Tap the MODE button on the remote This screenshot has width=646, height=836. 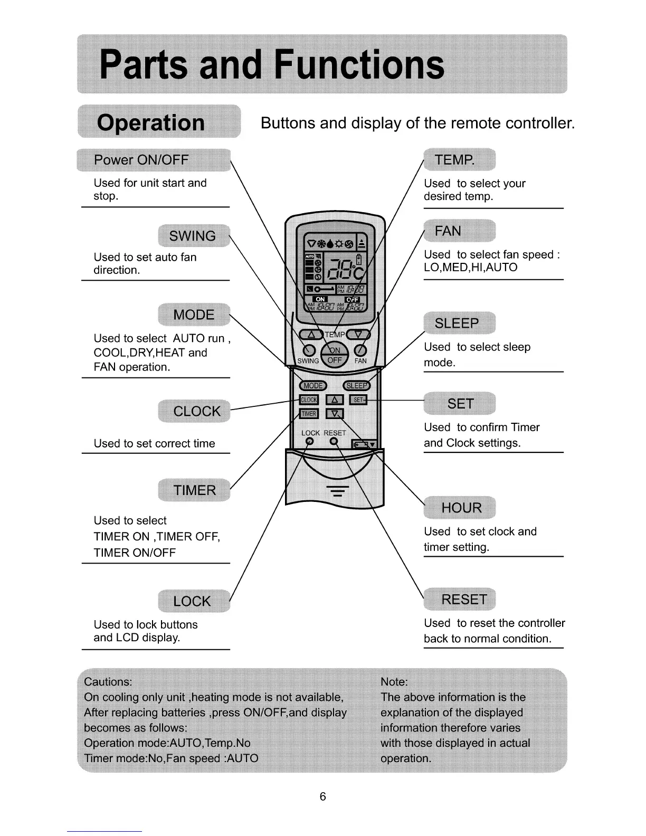tap(313, 386)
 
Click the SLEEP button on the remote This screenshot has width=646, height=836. tap(357, 386)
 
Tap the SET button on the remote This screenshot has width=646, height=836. tap(359, 400)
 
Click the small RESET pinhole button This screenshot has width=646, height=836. tap(334, 441)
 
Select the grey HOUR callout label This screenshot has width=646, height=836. tap(460, 508)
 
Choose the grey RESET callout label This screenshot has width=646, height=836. tap(460, 600)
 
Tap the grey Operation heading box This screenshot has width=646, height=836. tap(158, 122)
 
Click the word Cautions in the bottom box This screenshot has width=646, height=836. tap(108, 681)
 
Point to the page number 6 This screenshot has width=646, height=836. tap(323, 796)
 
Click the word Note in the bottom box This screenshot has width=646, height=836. tap(394, 681)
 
